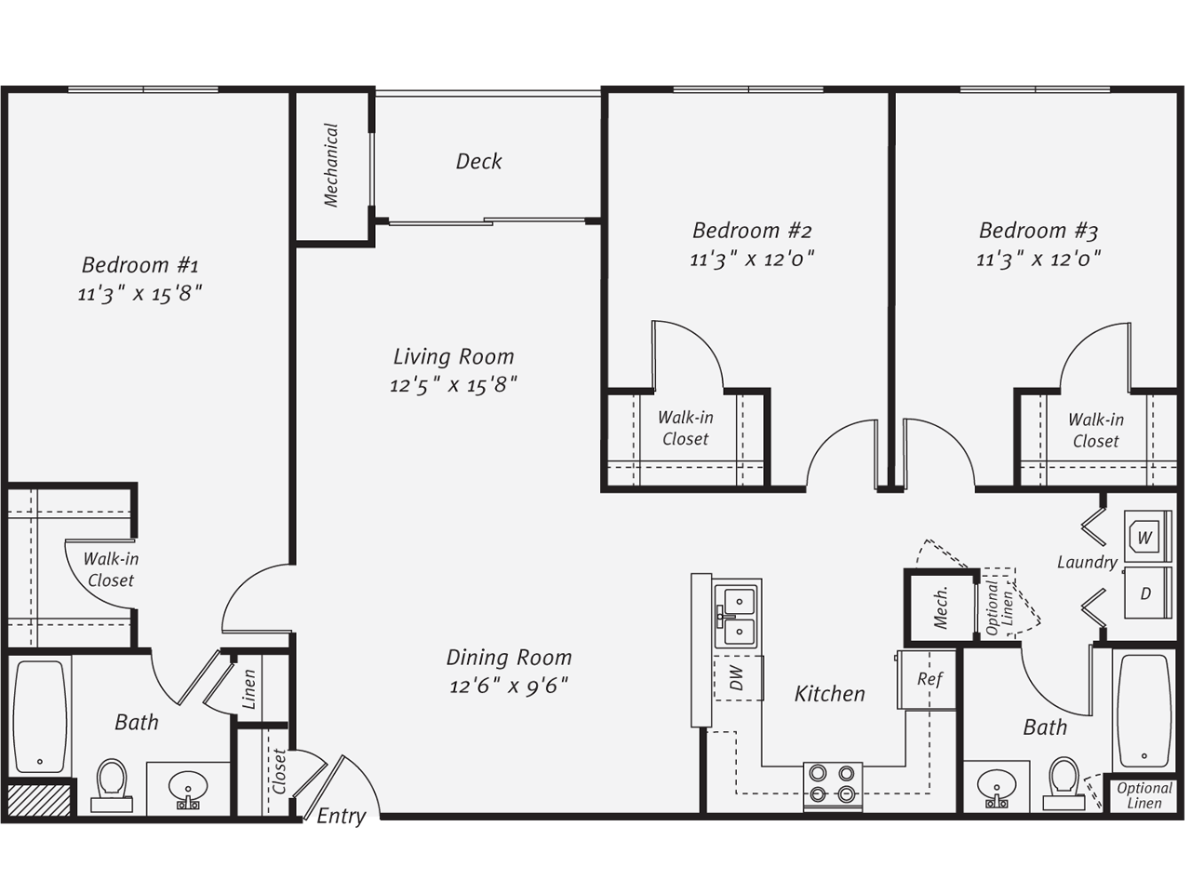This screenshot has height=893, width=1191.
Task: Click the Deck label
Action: (478, 161)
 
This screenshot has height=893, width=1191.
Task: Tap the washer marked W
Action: (1145, 537)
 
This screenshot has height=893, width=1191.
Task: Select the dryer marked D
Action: (1145, 593)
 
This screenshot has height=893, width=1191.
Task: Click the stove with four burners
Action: (832, 783)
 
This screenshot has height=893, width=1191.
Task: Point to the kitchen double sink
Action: (735, 616)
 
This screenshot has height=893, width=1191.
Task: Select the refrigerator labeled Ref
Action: (928, 679)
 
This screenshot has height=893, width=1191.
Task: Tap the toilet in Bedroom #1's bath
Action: (112, 783)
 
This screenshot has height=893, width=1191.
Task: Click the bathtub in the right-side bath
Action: (1143, 711)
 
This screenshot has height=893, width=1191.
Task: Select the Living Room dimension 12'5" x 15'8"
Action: (453, 385)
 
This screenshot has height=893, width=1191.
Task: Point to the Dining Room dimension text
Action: (508, 686)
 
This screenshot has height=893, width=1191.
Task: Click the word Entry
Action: (341, 816)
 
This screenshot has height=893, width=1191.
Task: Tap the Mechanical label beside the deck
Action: (331, 165)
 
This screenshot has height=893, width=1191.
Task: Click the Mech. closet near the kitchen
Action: (940, 606)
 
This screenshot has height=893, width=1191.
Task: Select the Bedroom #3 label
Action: (1037, 230)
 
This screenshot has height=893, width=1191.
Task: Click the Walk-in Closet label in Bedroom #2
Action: (685, 428)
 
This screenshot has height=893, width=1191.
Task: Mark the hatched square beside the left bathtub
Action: (38, 800)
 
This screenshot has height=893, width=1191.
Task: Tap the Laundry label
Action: (1086, 562)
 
